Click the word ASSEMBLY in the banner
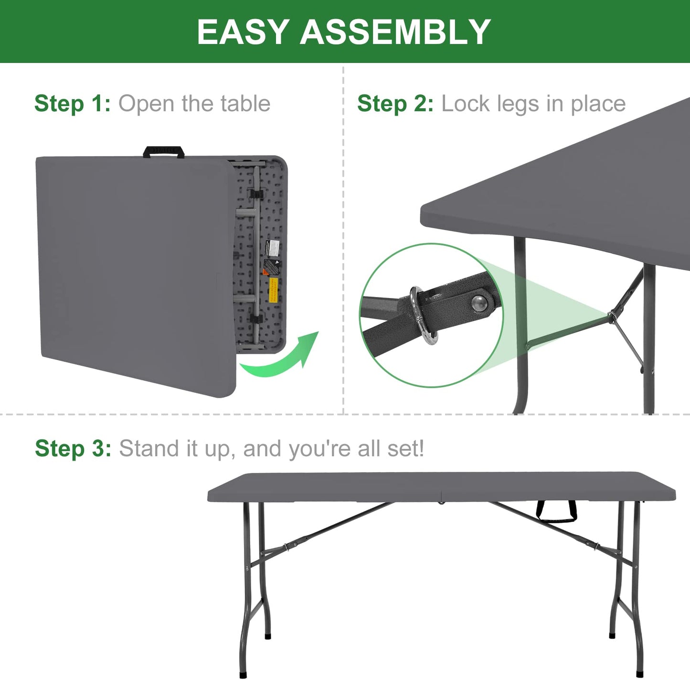pos(395,32)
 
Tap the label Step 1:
pos(72,104)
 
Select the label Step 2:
pos(395,104)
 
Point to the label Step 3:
pos(73,449)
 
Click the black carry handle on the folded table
pos(164,152)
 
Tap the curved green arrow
pos(282,358)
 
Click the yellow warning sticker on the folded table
pos(274,290)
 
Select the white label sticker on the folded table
pos(272,248)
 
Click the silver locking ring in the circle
pos(423,315)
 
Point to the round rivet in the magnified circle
pos(479,302)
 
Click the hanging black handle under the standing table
pos(556,512)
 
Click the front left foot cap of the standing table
pos(244,675)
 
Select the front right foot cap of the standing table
pos(640,675)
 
